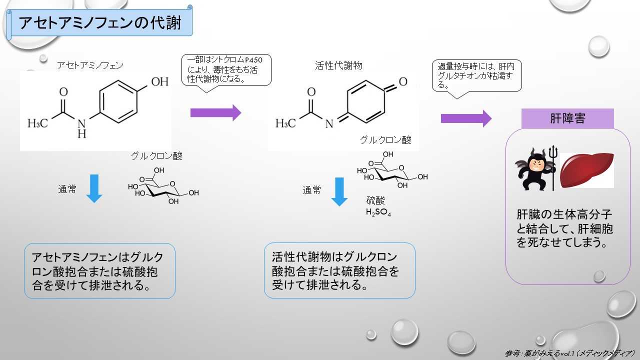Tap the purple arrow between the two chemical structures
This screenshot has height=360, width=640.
tap(215, 112)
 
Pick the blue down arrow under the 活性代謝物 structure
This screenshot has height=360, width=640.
tap(339, 191)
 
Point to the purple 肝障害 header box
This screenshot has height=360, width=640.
tap(567, 118)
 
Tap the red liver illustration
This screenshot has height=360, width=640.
tap(586, 170)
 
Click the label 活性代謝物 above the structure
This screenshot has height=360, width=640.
tap(338, 65)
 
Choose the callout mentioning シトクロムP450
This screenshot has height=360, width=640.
tap(226, 70)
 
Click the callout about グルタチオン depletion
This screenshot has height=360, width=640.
tap(476, 75)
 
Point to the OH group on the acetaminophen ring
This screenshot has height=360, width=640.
tap(159, 81)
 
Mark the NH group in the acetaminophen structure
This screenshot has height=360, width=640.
tap(82, 128)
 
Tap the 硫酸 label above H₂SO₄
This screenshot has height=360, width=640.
tap(375, 200)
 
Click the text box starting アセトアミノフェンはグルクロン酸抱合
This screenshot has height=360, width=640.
tap(99, 271)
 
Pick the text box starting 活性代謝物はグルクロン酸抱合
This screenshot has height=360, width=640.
tap(339, 270)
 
